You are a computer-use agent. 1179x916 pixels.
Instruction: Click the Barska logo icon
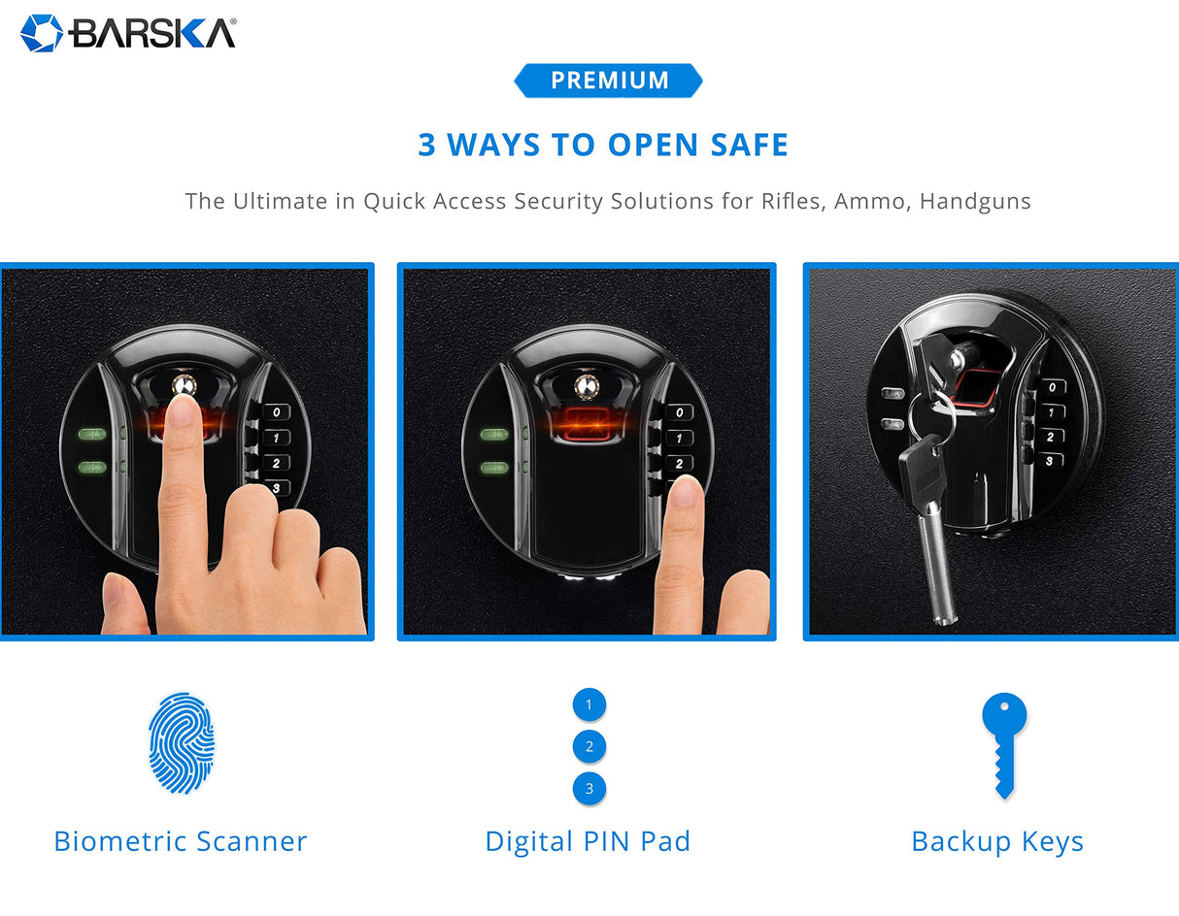(x=41, y=32)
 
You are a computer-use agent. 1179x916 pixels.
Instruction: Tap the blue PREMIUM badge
(x=608, y=81)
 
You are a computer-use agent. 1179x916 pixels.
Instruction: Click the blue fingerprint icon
(x=182, y=743)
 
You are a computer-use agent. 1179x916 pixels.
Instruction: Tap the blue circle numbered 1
(x=589, y=704)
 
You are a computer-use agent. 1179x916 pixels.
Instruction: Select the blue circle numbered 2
(x=589, y=747)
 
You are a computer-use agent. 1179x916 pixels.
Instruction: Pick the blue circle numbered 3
(x=589, y=789)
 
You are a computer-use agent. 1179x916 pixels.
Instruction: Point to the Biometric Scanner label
(x=181, y=841)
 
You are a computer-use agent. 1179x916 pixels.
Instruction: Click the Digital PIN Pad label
(x=588, y=841)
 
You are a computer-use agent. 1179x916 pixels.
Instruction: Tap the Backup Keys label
(x=997, y=841)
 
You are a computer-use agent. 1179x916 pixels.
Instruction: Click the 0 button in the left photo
(x=277, y=412)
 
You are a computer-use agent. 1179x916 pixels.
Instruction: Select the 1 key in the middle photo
(x=679, y=439)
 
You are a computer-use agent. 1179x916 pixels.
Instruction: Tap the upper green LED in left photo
(x=90, y=435)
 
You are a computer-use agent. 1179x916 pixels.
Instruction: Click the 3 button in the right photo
(x=1049, y=461)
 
